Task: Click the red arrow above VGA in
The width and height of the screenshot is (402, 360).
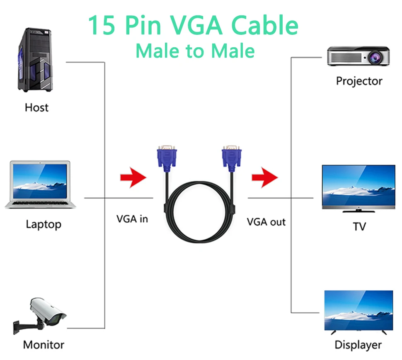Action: click(x=133, y=178)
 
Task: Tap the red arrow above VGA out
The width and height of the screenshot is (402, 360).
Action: click(x=264, y=178)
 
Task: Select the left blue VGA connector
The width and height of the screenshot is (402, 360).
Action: click(x=167, y=158)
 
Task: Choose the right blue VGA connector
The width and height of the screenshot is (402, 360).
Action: click(x=232, y=158)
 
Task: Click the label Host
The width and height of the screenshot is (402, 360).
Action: click(x=36, y=107)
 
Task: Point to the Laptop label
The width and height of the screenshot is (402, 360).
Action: click(x=43, y=224)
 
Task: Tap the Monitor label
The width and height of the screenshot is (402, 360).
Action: click(x=44, y=344)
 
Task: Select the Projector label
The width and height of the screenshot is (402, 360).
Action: click(x=359, y=81)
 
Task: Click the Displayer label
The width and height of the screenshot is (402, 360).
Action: click(x=358, y=345)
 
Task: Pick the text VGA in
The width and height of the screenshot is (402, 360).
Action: click(x=132, y=219)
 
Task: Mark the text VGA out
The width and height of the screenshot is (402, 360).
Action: click(x=266, y=222)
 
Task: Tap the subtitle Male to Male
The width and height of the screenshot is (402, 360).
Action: click(x=195, y=51)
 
